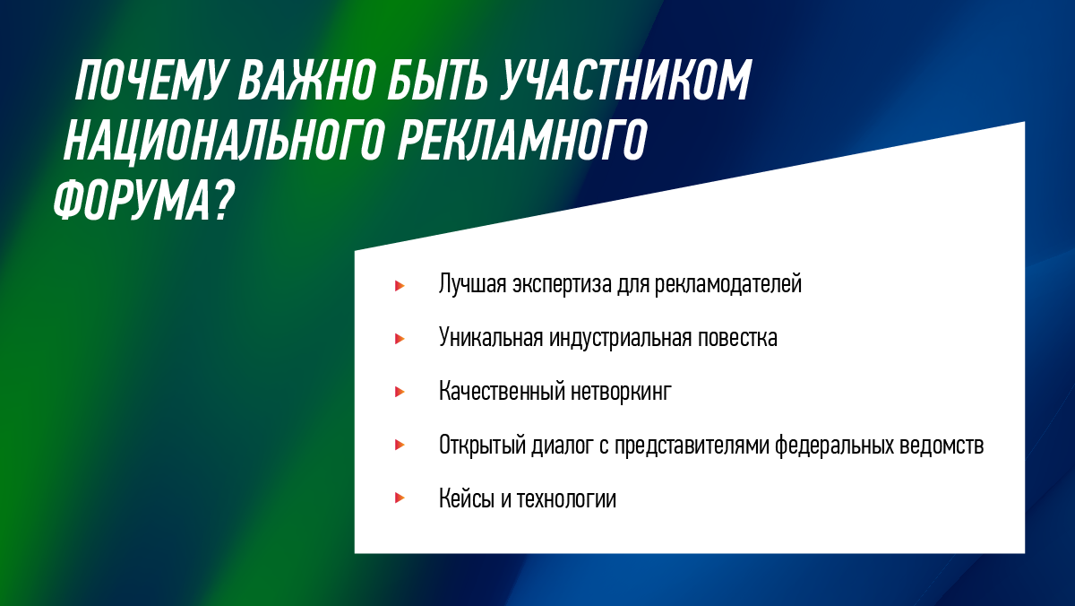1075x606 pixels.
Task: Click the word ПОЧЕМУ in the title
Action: (x=150, y=80)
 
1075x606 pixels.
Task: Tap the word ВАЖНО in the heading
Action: (x=306, y=80)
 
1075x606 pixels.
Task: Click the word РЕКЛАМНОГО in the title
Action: (x=522, y=140)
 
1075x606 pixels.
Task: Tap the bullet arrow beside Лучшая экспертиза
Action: (x=400, y=286)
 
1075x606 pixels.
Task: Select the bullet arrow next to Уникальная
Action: (x=400, y=339)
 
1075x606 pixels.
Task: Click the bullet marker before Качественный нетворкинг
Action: (x=400, y=392)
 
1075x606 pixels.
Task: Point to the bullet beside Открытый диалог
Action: (x=400, y=446)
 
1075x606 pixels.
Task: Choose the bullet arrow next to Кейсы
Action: (x=400, y=498)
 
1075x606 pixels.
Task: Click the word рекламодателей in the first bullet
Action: (x=728, y=284)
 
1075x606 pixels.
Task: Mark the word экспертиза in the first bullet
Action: (x=561, y=285)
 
